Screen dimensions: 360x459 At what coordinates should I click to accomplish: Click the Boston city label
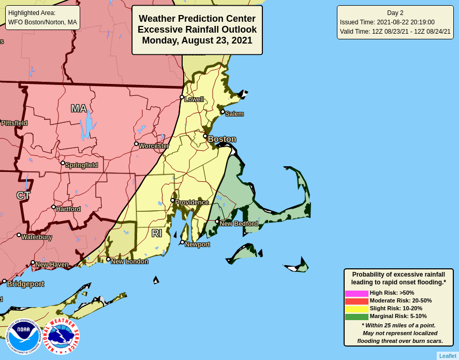coord(221,139)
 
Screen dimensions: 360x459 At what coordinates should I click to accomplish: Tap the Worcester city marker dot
coord(136,144)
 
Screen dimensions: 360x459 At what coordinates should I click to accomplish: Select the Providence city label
coord(192,203)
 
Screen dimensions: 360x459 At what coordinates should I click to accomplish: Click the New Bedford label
coord(239,224)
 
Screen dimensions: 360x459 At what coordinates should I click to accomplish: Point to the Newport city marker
coord(182,242)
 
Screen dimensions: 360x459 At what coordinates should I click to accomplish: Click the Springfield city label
coord(81,165)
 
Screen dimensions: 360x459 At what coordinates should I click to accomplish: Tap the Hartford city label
coord(68,209)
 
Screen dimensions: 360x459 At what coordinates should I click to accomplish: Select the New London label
coord(129,262)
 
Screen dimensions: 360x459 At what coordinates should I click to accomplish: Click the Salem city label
coord(234,114)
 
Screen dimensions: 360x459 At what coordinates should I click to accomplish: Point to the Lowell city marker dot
coord(182,97)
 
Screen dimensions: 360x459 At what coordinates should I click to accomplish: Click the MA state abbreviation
coord(79,109)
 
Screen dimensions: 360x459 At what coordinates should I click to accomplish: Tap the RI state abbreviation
coord(157,234)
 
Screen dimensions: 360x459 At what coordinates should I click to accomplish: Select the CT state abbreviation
coord(23,196)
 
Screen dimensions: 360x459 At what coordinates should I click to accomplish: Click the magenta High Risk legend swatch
coord(357,293)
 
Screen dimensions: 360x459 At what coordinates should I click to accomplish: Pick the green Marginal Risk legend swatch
coord(357,316)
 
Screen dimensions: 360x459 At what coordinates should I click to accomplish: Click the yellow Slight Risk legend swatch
coord(357,309)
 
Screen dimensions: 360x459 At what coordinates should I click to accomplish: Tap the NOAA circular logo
coord(23,336)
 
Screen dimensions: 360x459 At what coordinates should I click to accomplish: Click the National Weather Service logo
coord(61,336)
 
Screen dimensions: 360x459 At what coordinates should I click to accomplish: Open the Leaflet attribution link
coord(448,356)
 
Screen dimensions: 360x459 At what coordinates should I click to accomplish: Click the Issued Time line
coord(387,22)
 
